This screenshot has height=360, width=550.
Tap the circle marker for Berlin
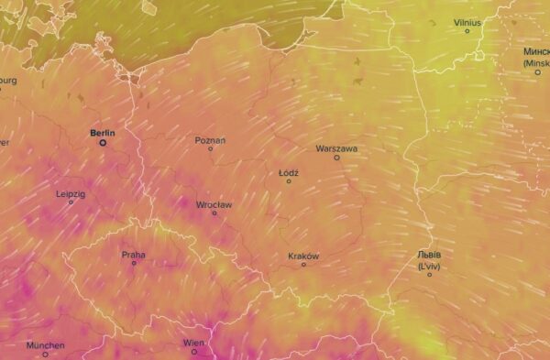[x=103, y=142]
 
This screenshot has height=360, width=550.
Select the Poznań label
[x=210, y=140]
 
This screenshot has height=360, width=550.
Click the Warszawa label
[x=336, y=147]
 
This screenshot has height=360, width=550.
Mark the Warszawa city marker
[x=336, y=157]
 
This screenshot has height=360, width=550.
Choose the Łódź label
[x=288, y=171]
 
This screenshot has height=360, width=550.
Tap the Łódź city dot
[x=289, y=180]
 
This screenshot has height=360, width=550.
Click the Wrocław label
[x=214, y=204]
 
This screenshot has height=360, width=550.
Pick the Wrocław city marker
[x=215, y=213]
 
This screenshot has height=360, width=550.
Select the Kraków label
[x=303, y=256]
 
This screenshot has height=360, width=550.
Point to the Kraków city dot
[x=304, y=265]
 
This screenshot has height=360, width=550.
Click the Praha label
[x=133, y=254]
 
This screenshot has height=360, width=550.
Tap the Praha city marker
[x=134, y=263]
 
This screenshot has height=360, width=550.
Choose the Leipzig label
[x=71, y=193]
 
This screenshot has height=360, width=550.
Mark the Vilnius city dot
[x=467, y=31]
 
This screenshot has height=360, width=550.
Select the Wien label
[x=193, y=343]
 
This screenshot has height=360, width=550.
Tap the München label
[x=45, y=344]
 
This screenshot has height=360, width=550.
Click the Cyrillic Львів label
[x=429, y=255]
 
